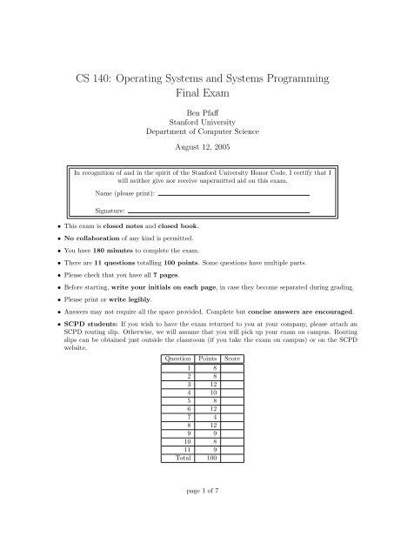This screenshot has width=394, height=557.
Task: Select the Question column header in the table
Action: coord(177,358)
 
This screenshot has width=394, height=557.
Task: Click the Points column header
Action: coord(208,358)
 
